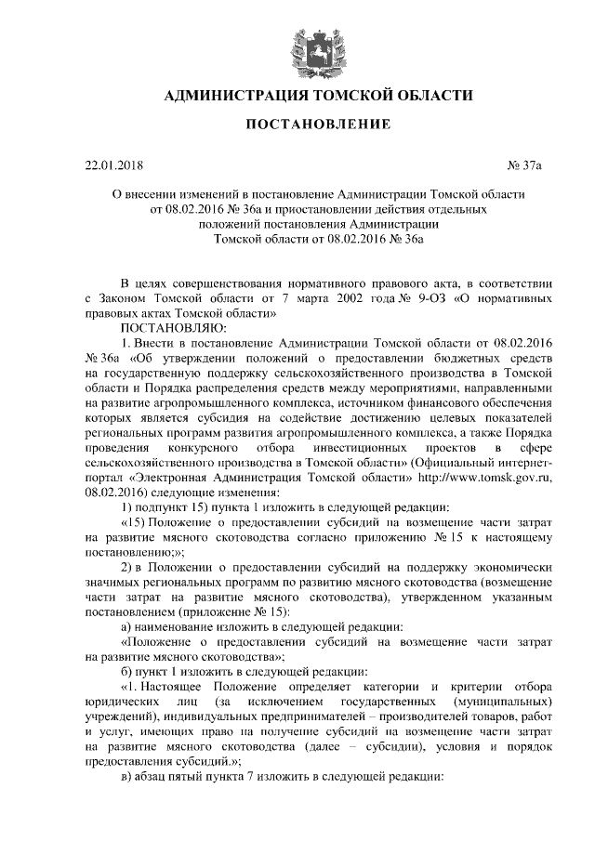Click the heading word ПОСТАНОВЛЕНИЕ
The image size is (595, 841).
297,124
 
